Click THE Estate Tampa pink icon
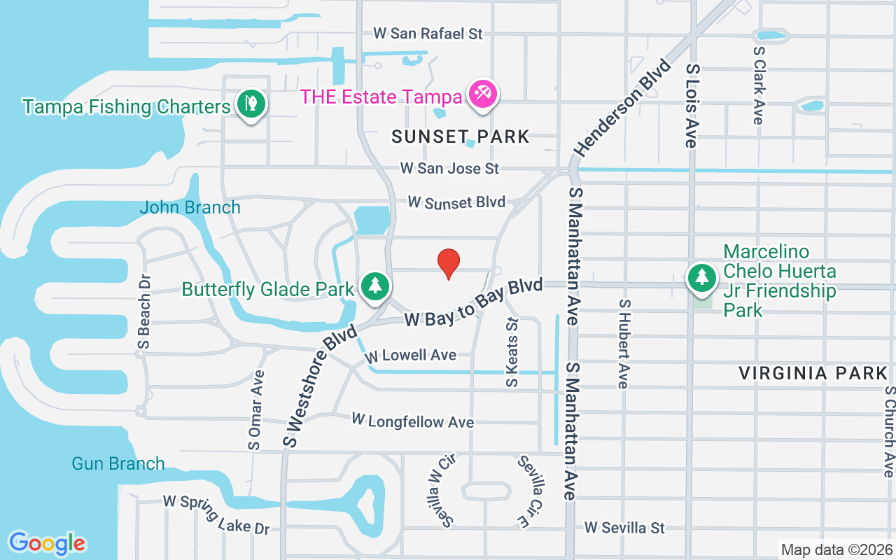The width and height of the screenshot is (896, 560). pos(483,93)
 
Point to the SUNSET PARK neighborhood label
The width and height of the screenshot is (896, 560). pos(461,136)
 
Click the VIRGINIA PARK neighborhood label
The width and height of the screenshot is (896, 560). pos(813,373)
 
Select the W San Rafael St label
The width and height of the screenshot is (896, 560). pos(428,33)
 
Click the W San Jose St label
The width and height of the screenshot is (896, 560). pos(449,169)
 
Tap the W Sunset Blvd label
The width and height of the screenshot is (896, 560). pos(456,202)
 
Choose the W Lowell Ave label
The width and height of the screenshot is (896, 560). pos(411,356)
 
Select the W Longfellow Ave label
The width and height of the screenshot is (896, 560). pos(412,421)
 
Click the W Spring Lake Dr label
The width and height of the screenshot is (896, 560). pos(216,514)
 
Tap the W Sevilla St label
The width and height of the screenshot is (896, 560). pos(624,528)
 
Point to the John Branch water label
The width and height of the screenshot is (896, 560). pos(190,207)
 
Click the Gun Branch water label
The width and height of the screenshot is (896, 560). pos(118,463)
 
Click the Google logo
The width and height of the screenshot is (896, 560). pos(47,542)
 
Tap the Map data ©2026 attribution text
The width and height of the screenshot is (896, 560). pos(836,550)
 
